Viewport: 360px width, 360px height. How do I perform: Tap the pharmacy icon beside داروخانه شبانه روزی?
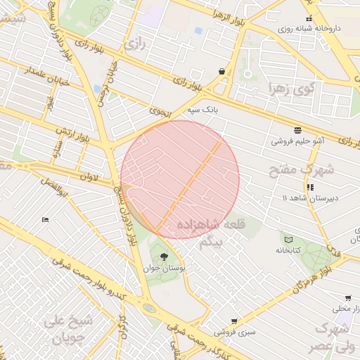tap(308, 18)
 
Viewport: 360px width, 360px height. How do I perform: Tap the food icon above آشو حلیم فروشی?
tap(297, 130)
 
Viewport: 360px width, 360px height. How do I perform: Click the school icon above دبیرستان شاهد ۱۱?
tap(310, 187)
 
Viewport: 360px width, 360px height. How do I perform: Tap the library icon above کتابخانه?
tap(288, 239)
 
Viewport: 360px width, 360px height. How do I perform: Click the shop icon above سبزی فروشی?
tap(234, 321)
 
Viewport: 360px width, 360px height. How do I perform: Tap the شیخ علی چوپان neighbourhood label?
tap(68, 328)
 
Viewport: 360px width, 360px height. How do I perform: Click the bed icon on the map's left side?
tap(46, 220)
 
